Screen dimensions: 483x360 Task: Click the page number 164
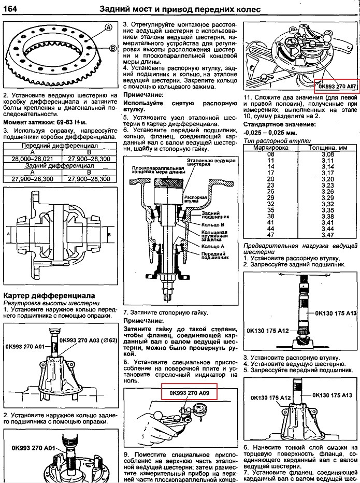[x=11, y=9]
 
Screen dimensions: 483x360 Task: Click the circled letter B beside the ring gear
[x=112, y=48]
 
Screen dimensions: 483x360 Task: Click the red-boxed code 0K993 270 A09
[x=189, y=393]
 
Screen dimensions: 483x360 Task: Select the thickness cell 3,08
[x=328, y=154]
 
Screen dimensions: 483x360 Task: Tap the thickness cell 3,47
[x=328, y=235]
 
